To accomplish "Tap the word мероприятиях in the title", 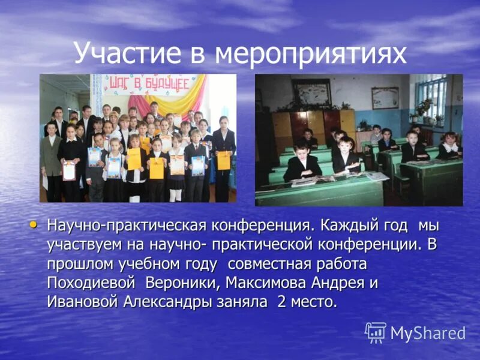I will pos(311,54).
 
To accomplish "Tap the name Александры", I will pos(182,301).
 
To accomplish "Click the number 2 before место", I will pos(281,301).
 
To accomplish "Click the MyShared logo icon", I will pos(376,332).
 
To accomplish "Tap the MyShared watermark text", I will pos(427,333).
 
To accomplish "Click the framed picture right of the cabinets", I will pos(385,98).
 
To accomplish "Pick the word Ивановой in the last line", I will pos(83,301).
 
